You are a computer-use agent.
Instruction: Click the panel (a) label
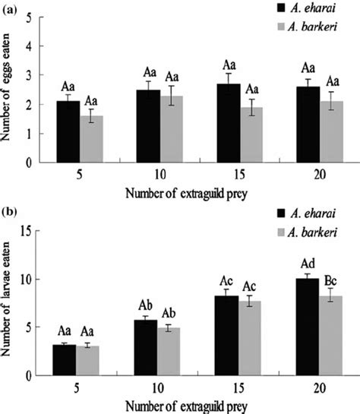(x=11, y=7)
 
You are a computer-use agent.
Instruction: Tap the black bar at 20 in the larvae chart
(x=306, y=327)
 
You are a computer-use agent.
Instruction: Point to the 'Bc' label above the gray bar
(x=335, y=281)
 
